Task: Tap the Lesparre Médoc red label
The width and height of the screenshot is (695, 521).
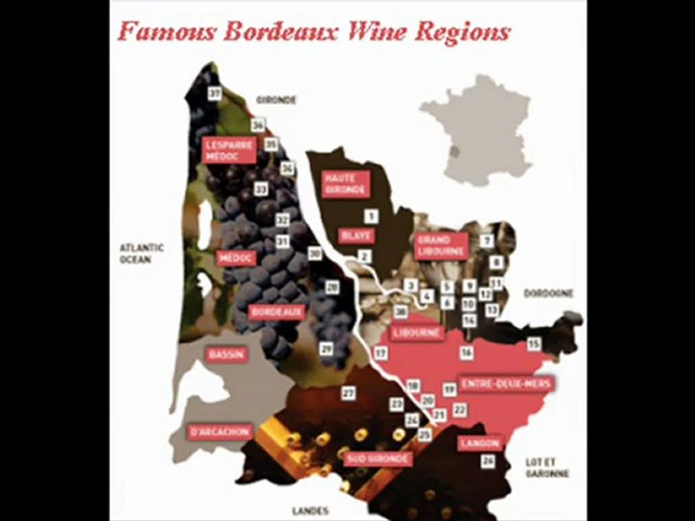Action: click(x=229, y=151)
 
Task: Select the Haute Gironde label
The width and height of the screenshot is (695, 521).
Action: click(x=345, y=184)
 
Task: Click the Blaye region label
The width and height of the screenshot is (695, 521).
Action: click(x=355, y=235)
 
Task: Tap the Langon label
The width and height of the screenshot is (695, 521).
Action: click(x=479, y=443)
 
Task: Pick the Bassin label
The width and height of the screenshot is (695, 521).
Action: click(x=226, y=355)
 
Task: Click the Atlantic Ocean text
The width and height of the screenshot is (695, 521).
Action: click(x=141, y=253)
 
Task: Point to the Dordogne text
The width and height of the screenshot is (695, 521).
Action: click(x=548, y=294)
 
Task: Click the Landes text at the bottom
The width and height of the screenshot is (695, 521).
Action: click(x=310, y=510)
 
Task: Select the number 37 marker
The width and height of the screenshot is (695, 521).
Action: click(x=214, y=93)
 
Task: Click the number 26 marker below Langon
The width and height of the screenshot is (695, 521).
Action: click(x=488, y=461)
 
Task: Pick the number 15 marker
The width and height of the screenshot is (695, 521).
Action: click(x=534, y=344)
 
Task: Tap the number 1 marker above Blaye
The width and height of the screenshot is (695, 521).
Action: click(x=371, y=216)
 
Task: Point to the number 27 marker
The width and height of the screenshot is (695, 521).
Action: click(x=349, y=393)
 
